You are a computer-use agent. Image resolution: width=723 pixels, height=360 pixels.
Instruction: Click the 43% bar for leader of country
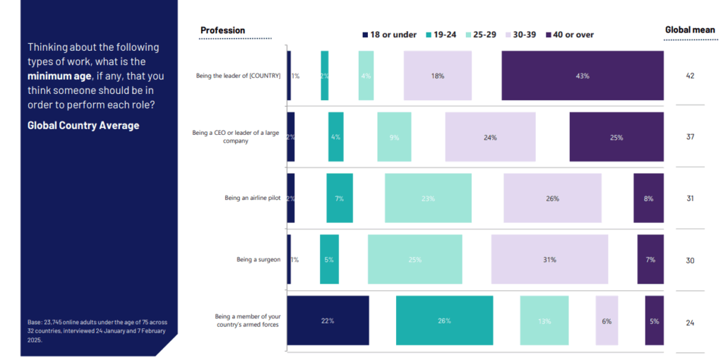pyautogui.click(x=582, y=76)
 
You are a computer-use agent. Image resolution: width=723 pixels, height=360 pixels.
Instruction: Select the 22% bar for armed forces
pyautogui.click(x=328, y=321)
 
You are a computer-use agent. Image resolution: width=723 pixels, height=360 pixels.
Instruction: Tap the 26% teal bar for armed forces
pyautogui.click(x=444, y=321)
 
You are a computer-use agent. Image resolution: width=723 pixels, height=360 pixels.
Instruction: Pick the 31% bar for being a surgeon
pyautogui.click(x=549, y=260)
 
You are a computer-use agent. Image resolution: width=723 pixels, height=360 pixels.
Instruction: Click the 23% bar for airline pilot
pyautogui.click(x=428, y=198)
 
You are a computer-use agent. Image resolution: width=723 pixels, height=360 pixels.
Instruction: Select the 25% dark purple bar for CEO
pyautogui.click(x=616, y=137)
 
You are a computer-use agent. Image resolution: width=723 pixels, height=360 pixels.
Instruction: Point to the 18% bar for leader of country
pyautogui.click(x=437, y=76)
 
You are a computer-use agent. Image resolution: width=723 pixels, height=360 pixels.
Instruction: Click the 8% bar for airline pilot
pyautogui.click(x=648, y=198)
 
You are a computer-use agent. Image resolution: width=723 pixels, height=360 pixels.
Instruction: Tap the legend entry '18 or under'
pyautogui.click(x=389, y=35)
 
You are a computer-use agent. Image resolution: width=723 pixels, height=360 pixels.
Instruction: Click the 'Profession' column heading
pyautogui.click(x=223, y=30)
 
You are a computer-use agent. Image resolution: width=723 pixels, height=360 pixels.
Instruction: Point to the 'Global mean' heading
pyautogui.click(x=689, y=30)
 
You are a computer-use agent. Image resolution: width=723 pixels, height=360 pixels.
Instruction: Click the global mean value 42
pyautogui.click(x=690, y=76)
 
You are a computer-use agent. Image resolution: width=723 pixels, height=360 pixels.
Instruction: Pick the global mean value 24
pyautogui.click(x=690, y=323)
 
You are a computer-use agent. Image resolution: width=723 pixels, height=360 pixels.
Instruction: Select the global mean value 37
pyautogui.click(x=690, y=137)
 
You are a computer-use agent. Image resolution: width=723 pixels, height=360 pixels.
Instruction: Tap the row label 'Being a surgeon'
pyautogui.click(x=258, y=260)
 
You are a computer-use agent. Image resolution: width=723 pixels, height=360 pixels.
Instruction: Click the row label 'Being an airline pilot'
pyautogui.click(x=252, y=198)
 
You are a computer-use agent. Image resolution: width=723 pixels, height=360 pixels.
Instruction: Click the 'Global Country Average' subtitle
pyautogui.click(x=83, y=126)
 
